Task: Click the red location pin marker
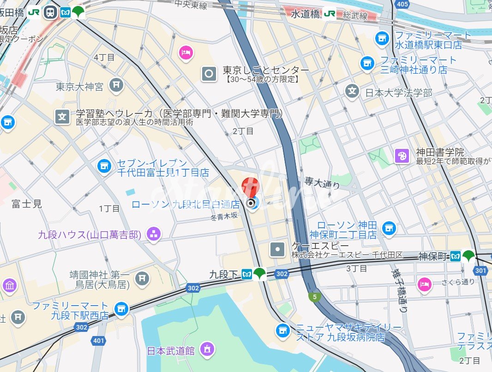pyautogui.click(x=251, y=187)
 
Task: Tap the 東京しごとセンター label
pyautogui.click(x=266, y=71)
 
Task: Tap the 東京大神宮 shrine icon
pyautogui.click(x=116, y=85)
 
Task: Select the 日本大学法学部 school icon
pyautogui.click(x=352, y=91)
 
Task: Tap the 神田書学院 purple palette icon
pyautogui.click(x=402, y=156)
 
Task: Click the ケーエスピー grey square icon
pyautogui.click(x=277, y=249)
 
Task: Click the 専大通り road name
pyautogui.click(x=322, y=183)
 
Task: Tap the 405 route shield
pyautogui.click(x=402, y=5)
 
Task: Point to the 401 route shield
pyautogui.click(x=98, y=341)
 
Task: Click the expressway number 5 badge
pyautogui.click(x=315, y=297)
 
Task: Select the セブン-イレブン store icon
pyautogui.click(x=104, y=165)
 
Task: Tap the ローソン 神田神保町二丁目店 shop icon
pyautogui.click(x=389, y=227)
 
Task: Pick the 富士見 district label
pyautogui.click(x=27, y=203)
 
